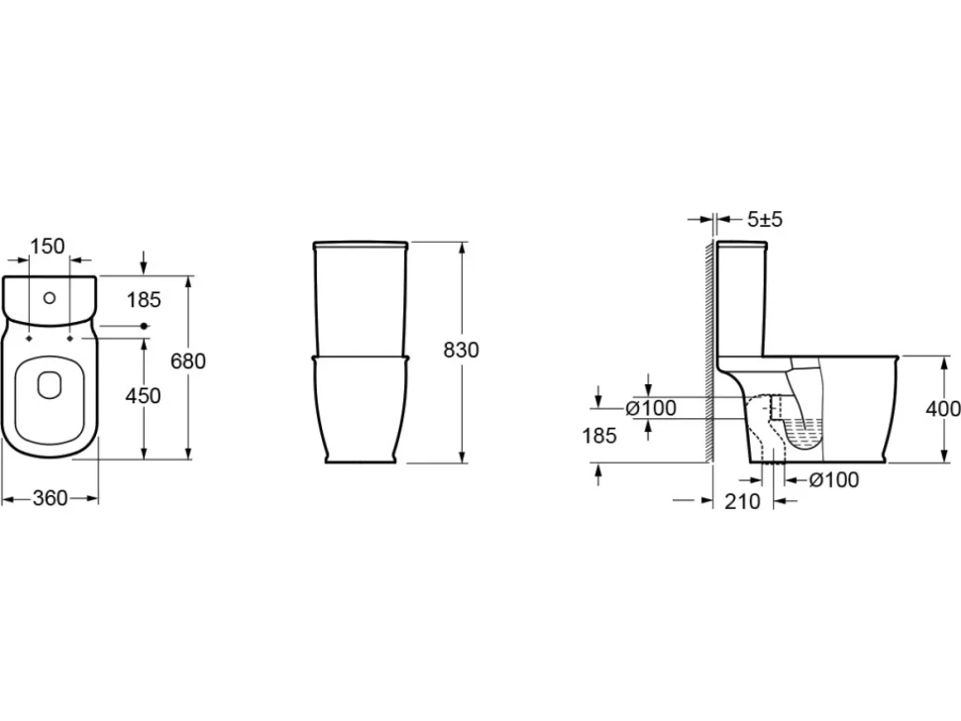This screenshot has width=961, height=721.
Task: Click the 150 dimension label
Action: coord(48,247)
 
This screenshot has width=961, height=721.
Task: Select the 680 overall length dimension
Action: coord(187,360)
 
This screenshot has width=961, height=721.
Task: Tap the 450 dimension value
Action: coord(143,396)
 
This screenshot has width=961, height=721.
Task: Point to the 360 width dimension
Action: coord(50,498)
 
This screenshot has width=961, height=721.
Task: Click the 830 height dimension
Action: coord(461,350)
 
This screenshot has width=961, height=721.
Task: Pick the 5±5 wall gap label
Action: coord(765,219)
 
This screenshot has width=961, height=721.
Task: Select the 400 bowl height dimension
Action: coord(942,408)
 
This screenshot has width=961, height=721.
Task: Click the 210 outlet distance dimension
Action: coord(743,501)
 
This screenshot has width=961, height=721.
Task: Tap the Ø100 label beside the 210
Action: coord(833,479)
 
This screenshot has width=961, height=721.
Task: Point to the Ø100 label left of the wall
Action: coord(651,407)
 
